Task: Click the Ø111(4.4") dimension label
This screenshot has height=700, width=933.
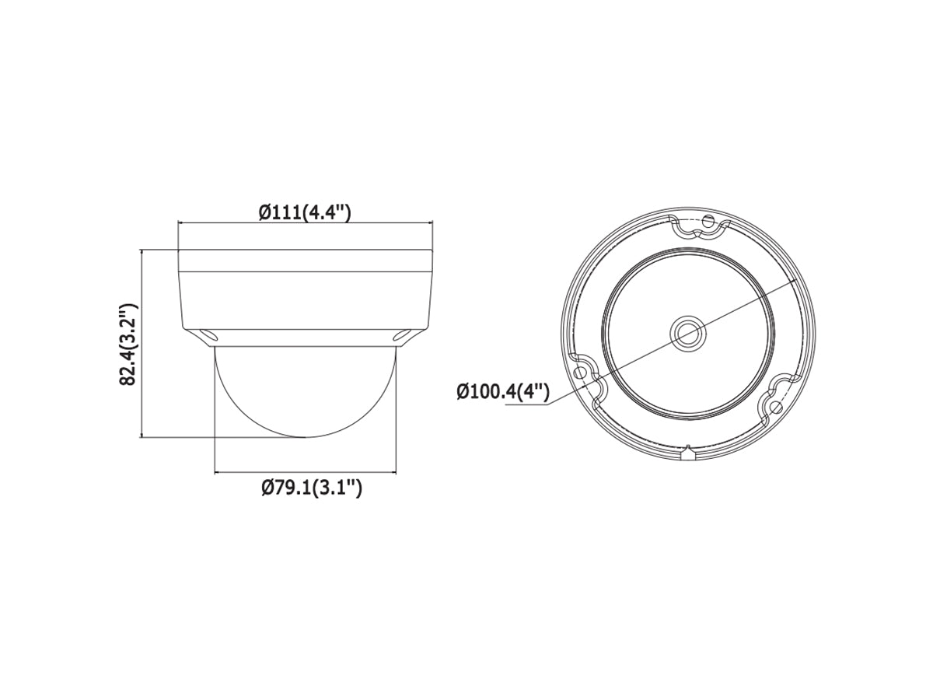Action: tap(305, 212)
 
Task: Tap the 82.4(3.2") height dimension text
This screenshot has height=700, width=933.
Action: tap(129, 344)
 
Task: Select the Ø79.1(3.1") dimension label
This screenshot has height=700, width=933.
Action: tap(311, 488)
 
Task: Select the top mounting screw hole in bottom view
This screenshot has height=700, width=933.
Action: tap(708, 222)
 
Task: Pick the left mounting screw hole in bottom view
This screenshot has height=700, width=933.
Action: tap(579, 372)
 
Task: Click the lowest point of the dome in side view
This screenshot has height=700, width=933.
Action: tap(306, 436)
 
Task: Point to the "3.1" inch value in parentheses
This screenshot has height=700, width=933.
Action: tap(338, 488)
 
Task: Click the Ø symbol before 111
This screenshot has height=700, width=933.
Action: tap(264, 212)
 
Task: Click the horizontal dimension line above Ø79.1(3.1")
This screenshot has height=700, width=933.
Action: tap(306, 471)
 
